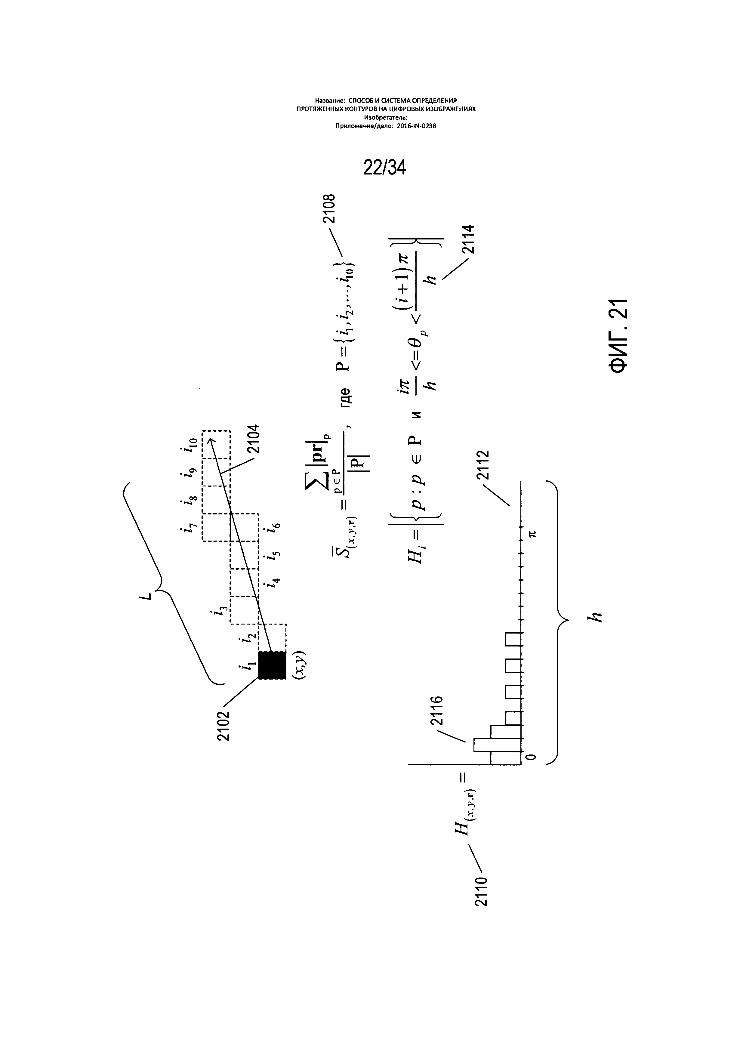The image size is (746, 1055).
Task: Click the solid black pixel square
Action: pos(272,665)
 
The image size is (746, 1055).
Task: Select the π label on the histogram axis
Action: pos(532,533)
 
